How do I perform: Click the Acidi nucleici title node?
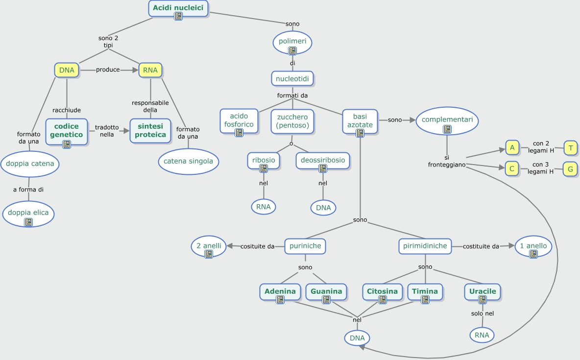tap(178, 8)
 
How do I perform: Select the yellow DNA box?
tap(67, 70)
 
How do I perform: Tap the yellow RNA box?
tap(150, 70)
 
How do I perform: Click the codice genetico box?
tap(67, 131)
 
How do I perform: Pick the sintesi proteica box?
tap(150, 130)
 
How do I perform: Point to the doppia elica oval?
tap(28, 214)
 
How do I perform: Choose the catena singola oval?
tap(189, 161)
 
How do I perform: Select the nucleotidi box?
tap(292, 78)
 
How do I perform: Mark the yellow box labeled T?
tap(571, 148)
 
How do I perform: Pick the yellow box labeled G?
tap(570, 169)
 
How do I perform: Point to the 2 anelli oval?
tap(209, 246)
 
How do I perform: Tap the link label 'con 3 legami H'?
tap(543, 168)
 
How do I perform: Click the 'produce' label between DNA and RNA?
tap(108, 70)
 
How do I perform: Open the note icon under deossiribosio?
tap(323, 168)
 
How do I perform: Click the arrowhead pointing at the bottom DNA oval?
tap(362, 347)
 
